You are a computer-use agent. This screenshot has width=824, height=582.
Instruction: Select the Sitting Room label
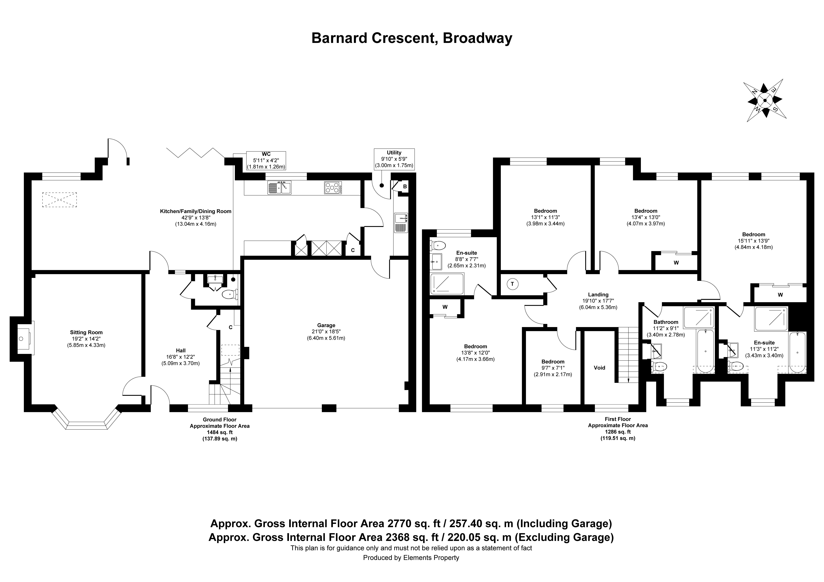tap(86, 332)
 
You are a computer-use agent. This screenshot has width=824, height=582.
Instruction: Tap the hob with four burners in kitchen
tap(333, 187)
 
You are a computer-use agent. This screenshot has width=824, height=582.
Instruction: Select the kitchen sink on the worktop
tap(279, 187)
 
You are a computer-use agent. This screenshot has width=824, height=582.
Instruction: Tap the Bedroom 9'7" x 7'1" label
tap(553, 362)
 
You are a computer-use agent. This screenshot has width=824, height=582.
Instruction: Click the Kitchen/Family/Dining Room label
tap(196, 211)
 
